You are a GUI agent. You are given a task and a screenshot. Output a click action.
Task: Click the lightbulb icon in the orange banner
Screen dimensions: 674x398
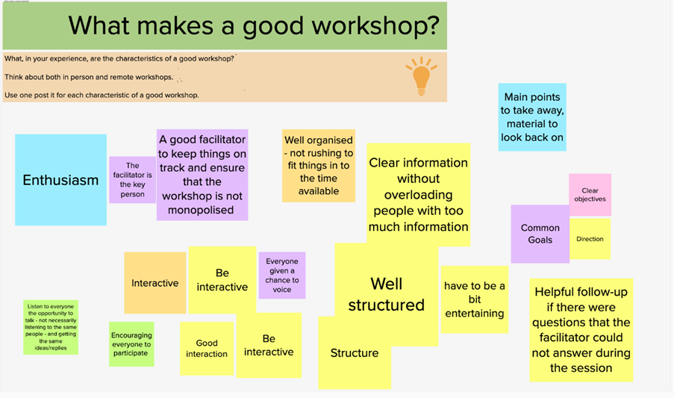[421, 76]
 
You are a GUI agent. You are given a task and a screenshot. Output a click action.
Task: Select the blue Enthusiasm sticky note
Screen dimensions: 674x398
[60, 180]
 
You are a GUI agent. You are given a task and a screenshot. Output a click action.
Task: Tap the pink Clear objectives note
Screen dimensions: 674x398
[590, 195]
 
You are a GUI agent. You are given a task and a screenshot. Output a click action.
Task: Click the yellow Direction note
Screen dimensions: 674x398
[590, 239]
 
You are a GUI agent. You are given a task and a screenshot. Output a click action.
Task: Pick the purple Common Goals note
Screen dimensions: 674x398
[540, 234]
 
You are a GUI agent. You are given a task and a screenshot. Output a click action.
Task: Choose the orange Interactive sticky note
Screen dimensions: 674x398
[155, 283]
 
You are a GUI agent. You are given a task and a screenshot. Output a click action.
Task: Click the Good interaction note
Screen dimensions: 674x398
[207, 349]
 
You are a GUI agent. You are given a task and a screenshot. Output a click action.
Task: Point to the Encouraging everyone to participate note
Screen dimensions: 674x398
[131, 343]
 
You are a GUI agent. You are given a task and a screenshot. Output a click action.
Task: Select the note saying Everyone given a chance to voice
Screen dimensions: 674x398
[282, 275]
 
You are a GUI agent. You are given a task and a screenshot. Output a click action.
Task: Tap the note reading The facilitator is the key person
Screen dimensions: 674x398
[132, 180]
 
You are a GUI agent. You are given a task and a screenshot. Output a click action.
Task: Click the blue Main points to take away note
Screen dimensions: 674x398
[532, 117]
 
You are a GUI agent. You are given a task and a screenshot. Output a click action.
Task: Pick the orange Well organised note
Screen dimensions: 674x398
[319, 166]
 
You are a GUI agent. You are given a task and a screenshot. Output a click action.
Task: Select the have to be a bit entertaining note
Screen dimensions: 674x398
[475, 299]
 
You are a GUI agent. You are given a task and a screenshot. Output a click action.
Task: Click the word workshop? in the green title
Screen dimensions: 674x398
[375, 26]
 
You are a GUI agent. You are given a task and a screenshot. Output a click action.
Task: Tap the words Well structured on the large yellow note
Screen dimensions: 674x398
[387, 294]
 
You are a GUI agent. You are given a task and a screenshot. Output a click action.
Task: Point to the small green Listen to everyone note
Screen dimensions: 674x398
[51, 327]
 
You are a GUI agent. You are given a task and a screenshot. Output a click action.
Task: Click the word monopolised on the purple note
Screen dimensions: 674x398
[201, 210]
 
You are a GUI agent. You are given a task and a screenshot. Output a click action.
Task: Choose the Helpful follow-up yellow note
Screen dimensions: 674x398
[581, 330]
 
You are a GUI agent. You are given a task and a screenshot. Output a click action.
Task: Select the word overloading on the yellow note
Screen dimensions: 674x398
[418, 195]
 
